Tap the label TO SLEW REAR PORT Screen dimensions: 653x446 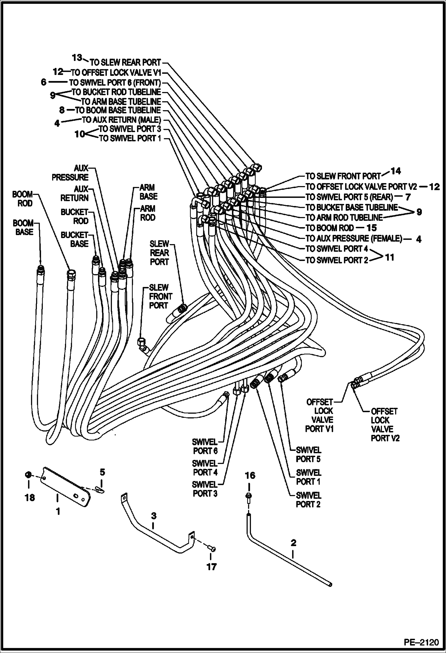(125, 63)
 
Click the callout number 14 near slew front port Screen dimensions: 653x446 (395, 171)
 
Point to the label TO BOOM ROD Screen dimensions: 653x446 (330, 228)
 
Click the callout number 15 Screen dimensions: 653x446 (372, 228)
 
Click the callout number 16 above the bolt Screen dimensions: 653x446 (250, 475)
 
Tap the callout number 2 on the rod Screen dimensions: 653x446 (293, 543)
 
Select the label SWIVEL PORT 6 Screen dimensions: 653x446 (205, 446)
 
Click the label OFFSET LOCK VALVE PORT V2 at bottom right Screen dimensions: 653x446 (384, 425)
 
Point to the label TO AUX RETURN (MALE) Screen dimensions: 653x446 (121, 120)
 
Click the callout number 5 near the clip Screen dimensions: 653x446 (102, 472)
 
